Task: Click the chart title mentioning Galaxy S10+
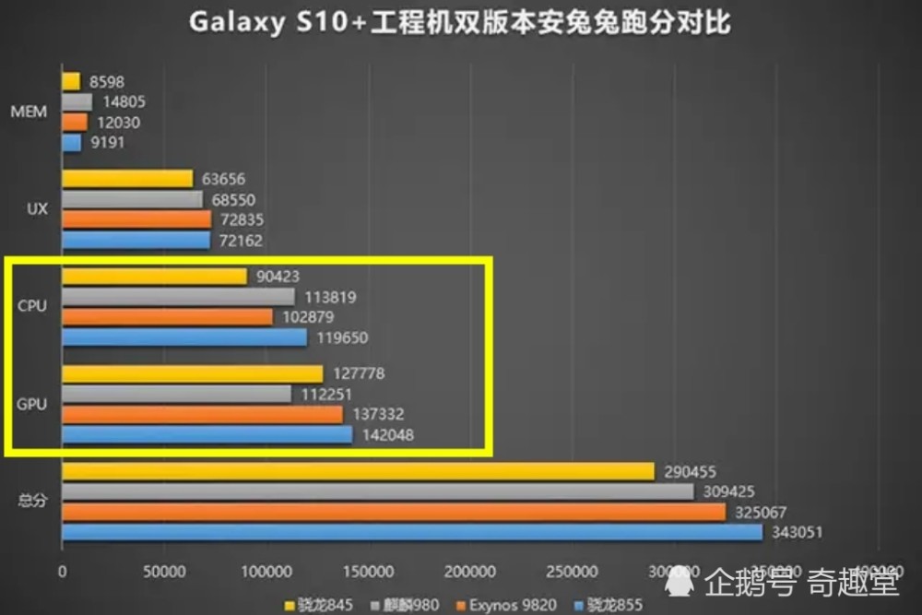point(460,22)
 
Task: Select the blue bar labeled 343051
point(412,533)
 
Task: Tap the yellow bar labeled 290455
point(358,471)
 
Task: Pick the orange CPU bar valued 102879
point(167,317)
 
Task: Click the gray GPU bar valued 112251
point(176,394)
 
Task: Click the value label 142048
point(386,435)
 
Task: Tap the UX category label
point(38,209)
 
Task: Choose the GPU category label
point(32,404)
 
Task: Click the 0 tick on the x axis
point(62,572)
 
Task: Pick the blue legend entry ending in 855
point(613,605)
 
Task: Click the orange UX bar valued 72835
point(136,219)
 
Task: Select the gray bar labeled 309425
point(378,492)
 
